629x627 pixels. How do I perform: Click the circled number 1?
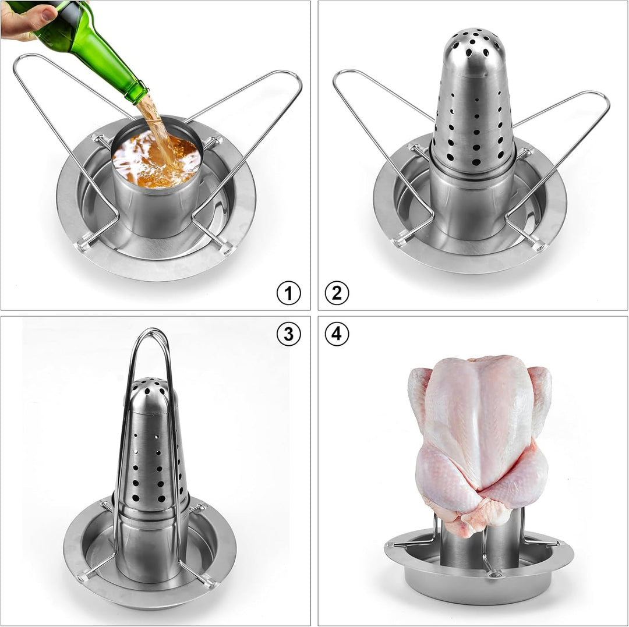[x=288, y=293]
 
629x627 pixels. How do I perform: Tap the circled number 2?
[x=337, y=293]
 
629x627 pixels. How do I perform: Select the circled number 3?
[x=288, y=334]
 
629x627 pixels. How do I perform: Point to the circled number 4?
[x=337, y=334]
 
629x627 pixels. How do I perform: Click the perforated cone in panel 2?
[x=473, y=116]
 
